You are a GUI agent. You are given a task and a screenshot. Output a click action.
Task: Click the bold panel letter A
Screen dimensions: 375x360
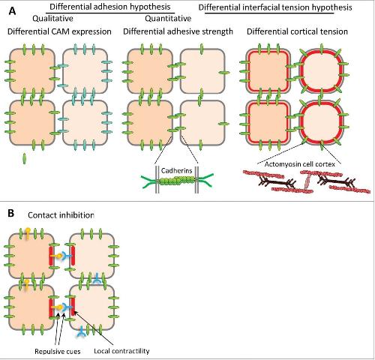pos(12,11)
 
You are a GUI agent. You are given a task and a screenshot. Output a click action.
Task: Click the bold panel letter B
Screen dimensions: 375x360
pos(10,214)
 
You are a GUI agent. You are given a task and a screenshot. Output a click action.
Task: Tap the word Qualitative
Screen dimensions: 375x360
pos(52,19)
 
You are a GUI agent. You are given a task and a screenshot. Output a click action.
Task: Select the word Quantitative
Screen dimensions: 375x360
pos(168,18)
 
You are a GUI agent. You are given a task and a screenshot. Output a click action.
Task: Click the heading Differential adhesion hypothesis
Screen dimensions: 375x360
pos(110,7)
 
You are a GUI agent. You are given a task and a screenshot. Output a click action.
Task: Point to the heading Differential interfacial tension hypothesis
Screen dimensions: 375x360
pos(275,7)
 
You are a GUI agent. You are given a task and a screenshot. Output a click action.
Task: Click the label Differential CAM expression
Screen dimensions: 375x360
pos(59,31)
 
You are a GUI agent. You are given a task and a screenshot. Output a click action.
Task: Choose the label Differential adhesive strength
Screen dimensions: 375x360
pos(178,31)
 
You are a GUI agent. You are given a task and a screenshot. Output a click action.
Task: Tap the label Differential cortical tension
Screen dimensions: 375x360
pos(297,31)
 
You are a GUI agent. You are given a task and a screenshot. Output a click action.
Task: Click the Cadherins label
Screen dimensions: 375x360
pos(177,171)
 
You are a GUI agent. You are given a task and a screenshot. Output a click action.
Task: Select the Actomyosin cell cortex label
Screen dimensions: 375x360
pos(299,164)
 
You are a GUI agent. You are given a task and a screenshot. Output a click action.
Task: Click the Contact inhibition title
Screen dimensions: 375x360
pos(61,215)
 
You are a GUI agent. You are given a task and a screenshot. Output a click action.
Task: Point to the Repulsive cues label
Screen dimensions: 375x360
pos(58,352)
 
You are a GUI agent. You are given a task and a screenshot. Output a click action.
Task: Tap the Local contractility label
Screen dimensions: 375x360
pos(121,351)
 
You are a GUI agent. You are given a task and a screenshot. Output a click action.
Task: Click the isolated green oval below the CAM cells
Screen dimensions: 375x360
pos(24,158)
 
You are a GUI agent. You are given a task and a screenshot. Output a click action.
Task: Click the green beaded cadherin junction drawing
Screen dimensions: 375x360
pos(177,181)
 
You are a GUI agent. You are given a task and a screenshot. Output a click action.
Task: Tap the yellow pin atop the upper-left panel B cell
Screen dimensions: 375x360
pos(28,232)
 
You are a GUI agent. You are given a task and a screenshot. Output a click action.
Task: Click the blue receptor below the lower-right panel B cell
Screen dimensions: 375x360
pos(81,332)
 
